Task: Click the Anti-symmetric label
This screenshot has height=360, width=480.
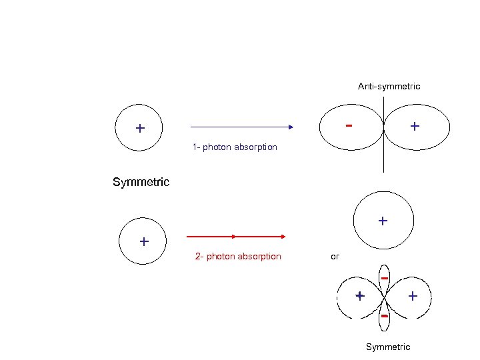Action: (x=389, y=87)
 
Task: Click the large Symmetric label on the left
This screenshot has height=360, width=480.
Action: (x=141, y=182)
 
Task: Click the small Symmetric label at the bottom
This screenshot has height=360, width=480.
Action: (x=388, y=347)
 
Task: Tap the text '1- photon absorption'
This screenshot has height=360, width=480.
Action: (x=235, y=147)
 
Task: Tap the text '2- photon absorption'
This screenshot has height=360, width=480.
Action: (x=238, y=257)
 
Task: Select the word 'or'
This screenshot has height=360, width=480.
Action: (x=335, y=256)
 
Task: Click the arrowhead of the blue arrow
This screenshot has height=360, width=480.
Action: (x=291, y=126)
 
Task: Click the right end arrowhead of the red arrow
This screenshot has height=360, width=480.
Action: (x=283, y=236)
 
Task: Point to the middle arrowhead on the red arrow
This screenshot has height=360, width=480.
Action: (x=234, y=236)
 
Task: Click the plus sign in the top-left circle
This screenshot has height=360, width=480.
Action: (x=140, y=128)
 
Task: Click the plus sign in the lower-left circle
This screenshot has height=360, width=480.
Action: (x=143, y=241)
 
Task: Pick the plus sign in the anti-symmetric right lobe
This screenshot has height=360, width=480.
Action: (x=415, y=125)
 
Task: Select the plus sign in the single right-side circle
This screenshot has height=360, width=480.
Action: (x=382, y=220)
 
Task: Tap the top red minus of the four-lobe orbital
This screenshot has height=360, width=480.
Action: (x=385, y=277)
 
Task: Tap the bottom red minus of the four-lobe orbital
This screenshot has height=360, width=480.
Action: (x=385, y=315)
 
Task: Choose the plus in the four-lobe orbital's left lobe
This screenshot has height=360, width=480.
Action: (x=359, y=295)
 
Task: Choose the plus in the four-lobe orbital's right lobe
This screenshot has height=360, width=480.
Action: (x=413, y=295)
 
